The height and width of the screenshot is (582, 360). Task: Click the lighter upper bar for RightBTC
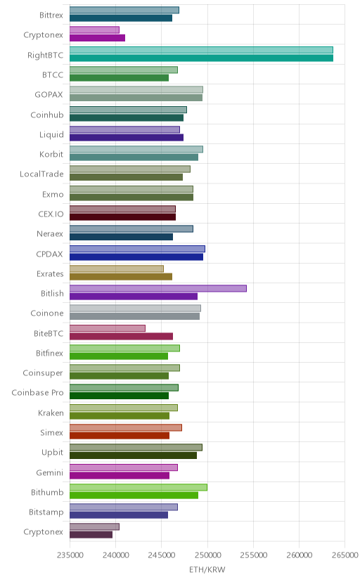tap(201, 50)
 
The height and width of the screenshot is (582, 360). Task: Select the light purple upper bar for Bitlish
tap(158, 288)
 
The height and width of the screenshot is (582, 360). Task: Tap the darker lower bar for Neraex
tap(122, 237)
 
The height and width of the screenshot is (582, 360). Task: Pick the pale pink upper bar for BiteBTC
tap(108, 328)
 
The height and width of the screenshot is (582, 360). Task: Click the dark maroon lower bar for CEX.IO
tap(123, 217)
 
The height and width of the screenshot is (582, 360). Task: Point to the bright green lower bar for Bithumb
tap(134, 495)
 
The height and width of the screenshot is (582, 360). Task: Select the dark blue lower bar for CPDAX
tap(136, 257)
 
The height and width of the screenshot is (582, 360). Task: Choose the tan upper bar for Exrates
tap(117, 269)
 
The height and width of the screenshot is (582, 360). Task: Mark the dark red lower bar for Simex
tap(120, 435)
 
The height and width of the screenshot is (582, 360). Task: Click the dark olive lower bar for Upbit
tap(133, 455)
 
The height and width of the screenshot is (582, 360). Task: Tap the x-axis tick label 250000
tap(207, 555)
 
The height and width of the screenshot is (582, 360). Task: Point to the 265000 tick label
tap(345, 555)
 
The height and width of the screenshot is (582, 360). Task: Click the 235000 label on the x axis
tap(70, 555)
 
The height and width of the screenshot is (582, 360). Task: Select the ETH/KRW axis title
tap(207, 570)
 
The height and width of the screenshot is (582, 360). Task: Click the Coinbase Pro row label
tap(37, 393)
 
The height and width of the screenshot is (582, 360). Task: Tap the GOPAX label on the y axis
tap(49, 95)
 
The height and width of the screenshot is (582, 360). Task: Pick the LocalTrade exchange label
tap(41, 174)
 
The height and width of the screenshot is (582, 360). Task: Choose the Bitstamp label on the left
tap(46, 512)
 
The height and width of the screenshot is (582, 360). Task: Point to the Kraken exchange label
tap(51, 413)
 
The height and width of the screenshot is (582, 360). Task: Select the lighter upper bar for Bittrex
tap(124, 10)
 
